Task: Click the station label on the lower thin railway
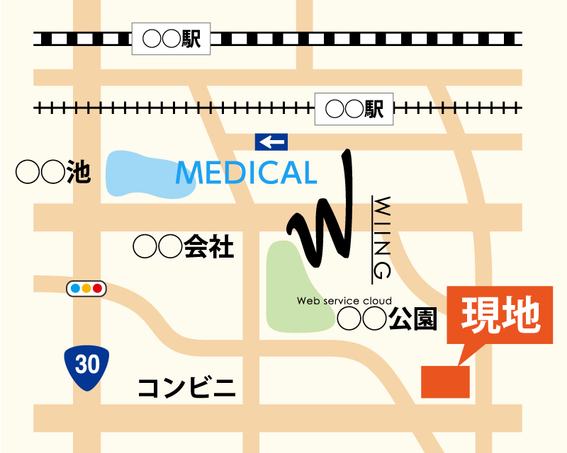(x=354, y=109)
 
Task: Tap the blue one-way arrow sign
(x=271, y=142)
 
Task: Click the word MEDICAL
(x=245, y=173)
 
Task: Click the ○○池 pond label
(x=54, y=172)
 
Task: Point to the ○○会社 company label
(x=183, y=246)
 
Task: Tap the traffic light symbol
(x=86, y=288)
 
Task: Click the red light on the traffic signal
(x=97, y=288)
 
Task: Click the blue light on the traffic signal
(x=75, y=288)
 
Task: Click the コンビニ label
(x=186, y=388)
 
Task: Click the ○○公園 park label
(x=386, y=319)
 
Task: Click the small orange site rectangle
(x=445, y=382)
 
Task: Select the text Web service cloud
(x=344, y=301)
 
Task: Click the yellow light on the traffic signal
(x=86, y=288)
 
